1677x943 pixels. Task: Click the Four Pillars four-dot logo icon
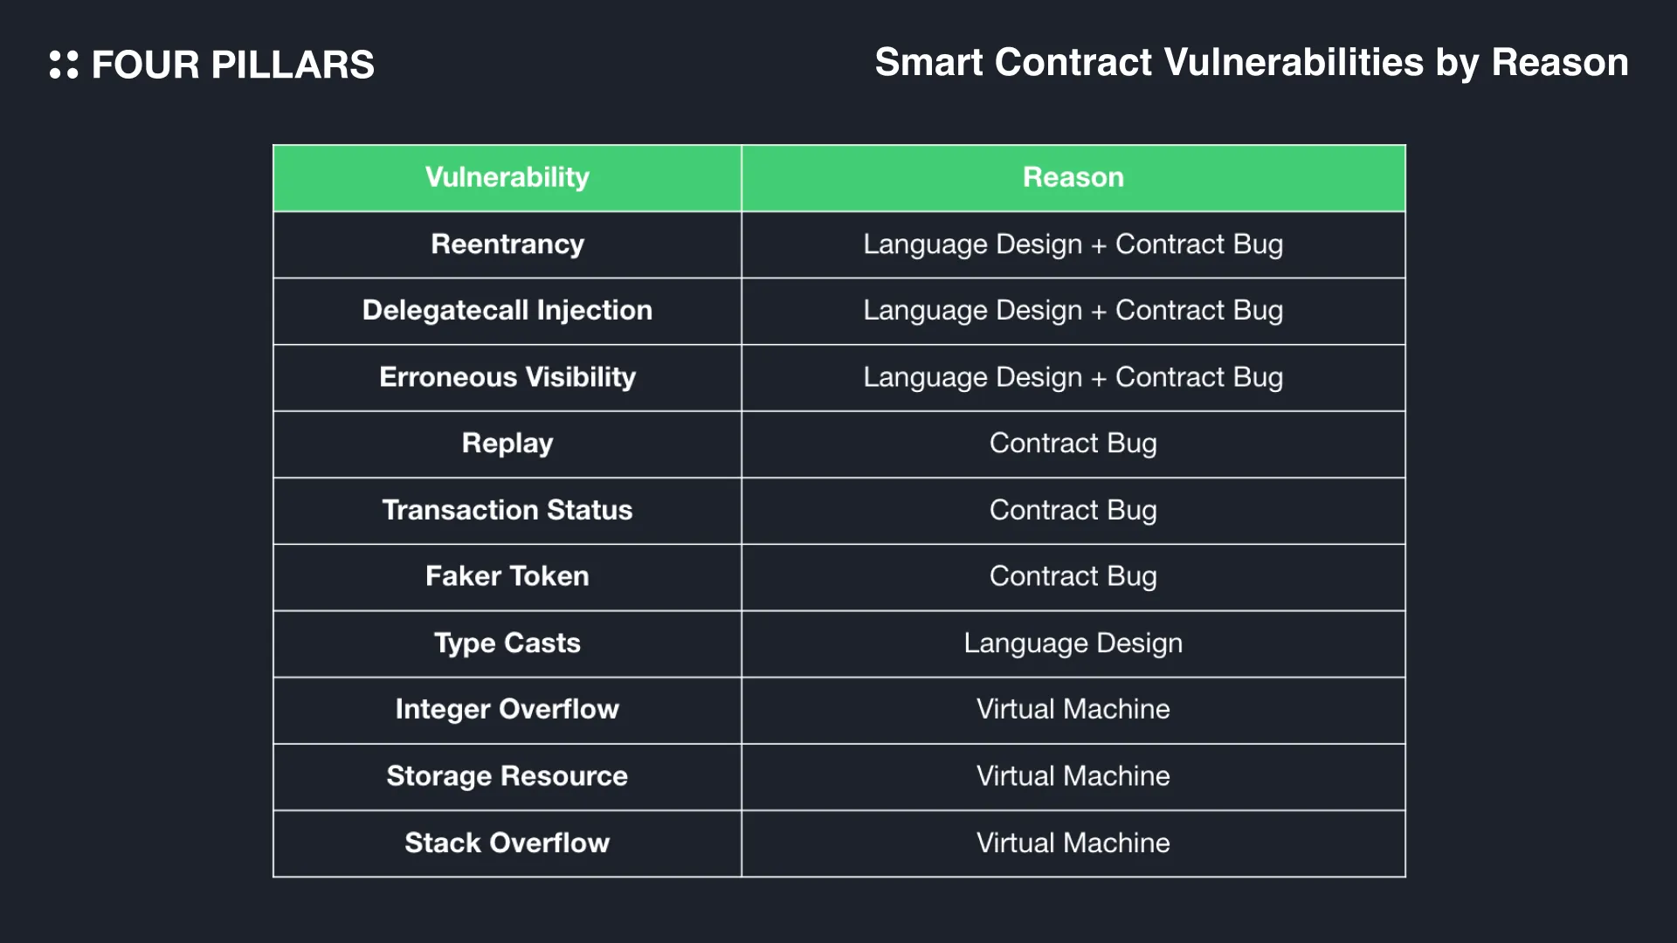(x=64, y=65)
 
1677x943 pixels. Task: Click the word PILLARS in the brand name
(x=293, y=65)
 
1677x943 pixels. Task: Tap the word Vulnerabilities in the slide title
(x=1294, y=62)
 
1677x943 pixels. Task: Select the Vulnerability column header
(x=507, y=177)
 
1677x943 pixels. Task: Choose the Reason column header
(x=1073, y=177)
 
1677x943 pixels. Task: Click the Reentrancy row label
(x=507, y=244)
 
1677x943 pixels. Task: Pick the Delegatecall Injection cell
(x=507, y=311)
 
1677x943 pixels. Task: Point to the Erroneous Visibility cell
(x=507, y=377)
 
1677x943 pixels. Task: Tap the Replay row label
(x=507, y=444)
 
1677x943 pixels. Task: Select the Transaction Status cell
(x=507, y=510)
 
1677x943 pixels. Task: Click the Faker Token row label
(x=507, y=576)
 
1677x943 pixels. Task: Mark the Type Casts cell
(x=507, y=644)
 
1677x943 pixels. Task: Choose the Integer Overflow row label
(x=507, y=710)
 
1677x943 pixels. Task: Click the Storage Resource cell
(x=507, y=776)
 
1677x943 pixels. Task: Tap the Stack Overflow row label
(x=507, y=843)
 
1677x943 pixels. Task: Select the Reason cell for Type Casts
(x=1073, y=644)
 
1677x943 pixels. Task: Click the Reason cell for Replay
(x=1073, y=444)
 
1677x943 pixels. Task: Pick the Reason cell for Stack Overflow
(x=1073, y=843)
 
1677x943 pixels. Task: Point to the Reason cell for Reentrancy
(x=1073, y=244)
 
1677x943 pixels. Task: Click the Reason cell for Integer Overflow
(x=1073, y=709)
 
